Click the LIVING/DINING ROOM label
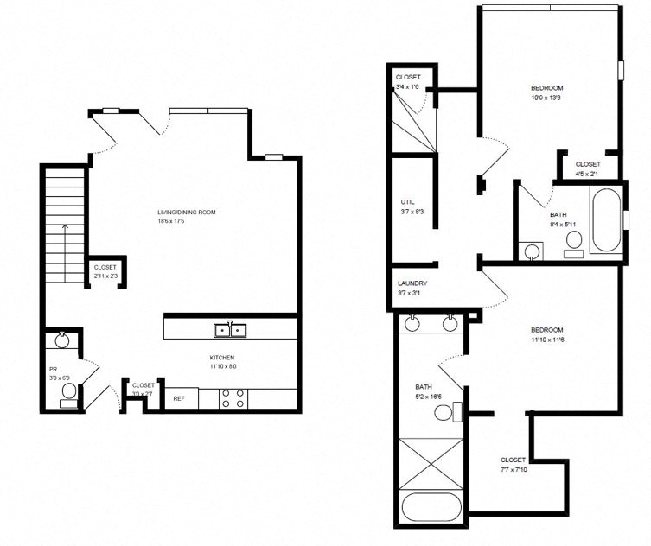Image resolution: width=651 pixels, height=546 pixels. pyautogui.click(x=186, y=212)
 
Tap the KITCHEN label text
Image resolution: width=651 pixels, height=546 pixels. pyautogui.click(x=222, y=358)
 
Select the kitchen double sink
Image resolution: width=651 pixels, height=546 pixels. pyautogui.click(x=229, y=329)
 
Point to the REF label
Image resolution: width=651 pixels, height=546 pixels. pyautogui.click(x=179, y=398)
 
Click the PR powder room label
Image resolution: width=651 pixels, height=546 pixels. pyautogui.click(x=53, y=369)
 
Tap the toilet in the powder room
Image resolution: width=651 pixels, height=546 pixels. pyautogui.click(x=69, y=395)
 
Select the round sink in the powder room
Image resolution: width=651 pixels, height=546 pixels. pyautogui.click(x=62, y=340)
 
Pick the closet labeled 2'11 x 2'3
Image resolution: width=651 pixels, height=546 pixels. pyautogui.click(x=105, y=271)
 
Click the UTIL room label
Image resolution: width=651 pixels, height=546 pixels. pyautogui.click(x=407, y=202)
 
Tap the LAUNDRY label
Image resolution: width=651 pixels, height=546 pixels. pyautogui.click(x=412, y=283)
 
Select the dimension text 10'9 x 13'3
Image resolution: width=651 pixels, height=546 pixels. pyautogui.click(x=547, y=98)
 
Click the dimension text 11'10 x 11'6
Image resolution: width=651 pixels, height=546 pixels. pyautogui.click(x=546, y=340)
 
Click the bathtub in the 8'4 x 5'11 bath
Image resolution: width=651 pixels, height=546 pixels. pyautogui.click(x=606, y=221)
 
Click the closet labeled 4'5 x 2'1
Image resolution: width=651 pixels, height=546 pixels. pyautogui.click(x=588, y=168)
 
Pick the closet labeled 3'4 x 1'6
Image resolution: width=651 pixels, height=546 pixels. pyautogui.click(x=408, y=82)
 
